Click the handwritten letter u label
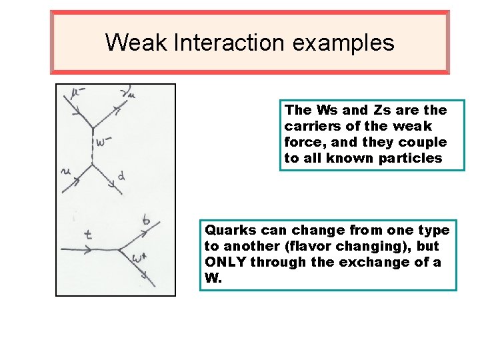66,172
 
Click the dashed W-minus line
92,147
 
